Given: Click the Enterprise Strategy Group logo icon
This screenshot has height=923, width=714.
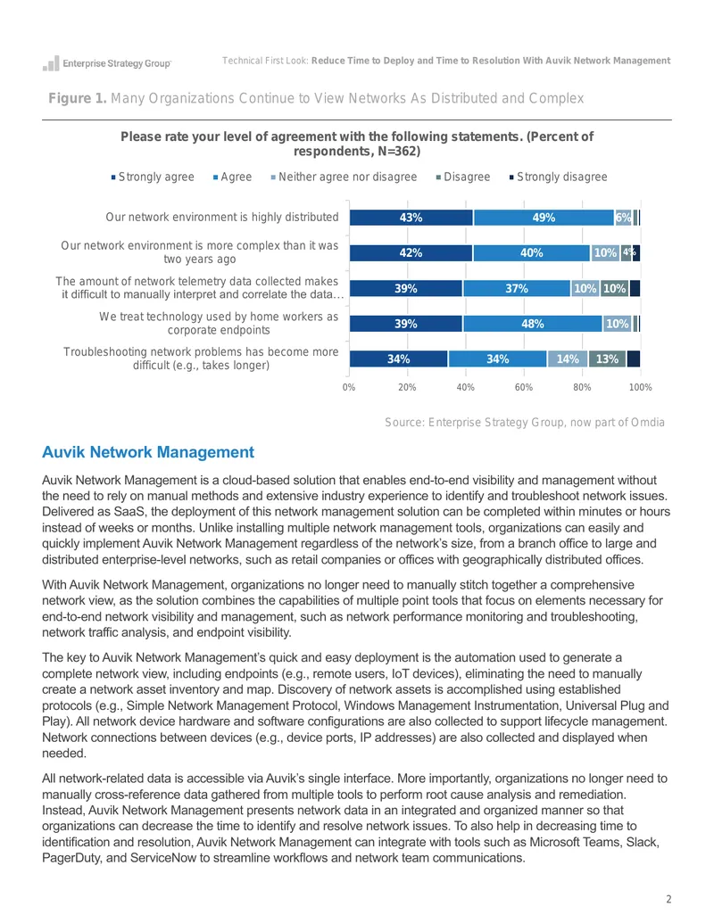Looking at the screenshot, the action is tap(51, 63).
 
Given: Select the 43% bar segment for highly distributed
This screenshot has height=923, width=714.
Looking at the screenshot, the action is tap(411, 218).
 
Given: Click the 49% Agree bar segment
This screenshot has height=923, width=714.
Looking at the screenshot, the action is tap(544, 218).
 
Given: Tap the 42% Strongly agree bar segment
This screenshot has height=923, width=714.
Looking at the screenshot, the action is tap(411, 253).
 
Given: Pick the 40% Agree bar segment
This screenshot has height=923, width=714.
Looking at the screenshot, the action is tap(531, 253).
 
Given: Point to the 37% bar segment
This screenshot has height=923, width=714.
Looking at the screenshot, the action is tap(517, 288).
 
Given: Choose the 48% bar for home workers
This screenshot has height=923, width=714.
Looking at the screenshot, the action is tap(533, 324).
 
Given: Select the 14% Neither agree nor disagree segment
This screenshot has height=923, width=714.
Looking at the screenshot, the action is tap(568, 359).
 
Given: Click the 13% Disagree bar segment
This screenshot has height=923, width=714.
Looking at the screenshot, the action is tap(608, 359).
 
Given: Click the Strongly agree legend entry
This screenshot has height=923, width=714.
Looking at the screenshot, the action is tap(153, 177).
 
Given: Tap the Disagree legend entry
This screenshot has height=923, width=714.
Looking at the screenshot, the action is tap(463, 177).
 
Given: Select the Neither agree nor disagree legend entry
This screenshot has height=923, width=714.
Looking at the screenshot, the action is tap(344, 177).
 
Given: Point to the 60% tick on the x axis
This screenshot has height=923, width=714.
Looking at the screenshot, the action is tap(524, 387).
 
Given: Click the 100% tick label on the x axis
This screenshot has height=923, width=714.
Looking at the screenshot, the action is tap(640, 387).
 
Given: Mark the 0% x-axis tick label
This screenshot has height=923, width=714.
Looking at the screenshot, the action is tap(349, 387).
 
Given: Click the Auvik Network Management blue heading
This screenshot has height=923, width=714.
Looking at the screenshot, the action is tap(148, 452).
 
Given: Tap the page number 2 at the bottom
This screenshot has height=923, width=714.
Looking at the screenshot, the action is tap(668, 899).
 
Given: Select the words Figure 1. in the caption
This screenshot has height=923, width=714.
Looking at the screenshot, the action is tap(77, 98).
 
